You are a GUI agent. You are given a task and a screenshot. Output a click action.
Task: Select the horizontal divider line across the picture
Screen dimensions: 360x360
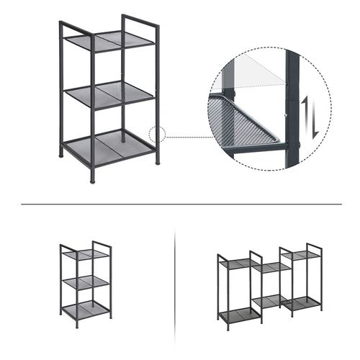tap(180, 204)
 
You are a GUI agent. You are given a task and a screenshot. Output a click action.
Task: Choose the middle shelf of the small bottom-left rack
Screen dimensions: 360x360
tap(84, 282)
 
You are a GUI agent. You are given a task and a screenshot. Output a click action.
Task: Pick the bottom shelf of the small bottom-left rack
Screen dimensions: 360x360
tap(84, 311)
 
